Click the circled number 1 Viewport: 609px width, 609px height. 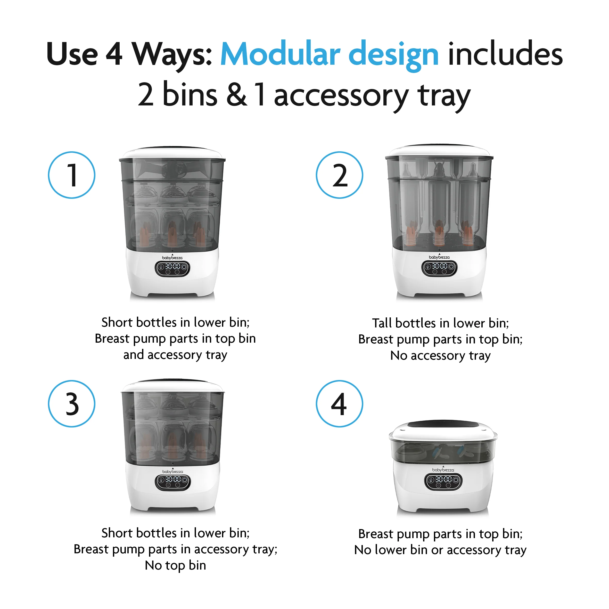(x=72, y=175)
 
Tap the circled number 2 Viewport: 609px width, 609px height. (x=340, y=175)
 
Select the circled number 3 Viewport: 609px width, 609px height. (x=72, y=404)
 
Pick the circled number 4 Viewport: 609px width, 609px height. (x=340, y=404)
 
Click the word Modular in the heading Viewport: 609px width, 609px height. (x=280, y=54)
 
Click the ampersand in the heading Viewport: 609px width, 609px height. (x=236, y=95)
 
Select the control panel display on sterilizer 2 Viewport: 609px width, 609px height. (x=439, y=268)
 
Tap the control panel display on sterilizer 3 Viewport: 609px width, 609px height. (x=172, y=482)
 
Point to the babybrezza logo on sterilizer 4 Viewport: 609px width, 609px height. (x=443, y=470)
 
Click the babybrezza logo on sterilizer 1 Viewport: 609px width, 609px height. (x=172, y=258)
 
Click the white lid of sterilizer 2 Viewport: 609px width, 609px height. (x=439, y=151)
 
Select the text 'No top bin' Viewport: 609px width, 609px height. (x=175, y=565)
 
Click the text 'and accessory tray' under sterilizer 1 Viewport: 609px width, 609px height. (x=175, y=355)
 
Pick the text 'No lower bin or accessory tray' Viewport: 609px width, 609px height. (x=440, y=550)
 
